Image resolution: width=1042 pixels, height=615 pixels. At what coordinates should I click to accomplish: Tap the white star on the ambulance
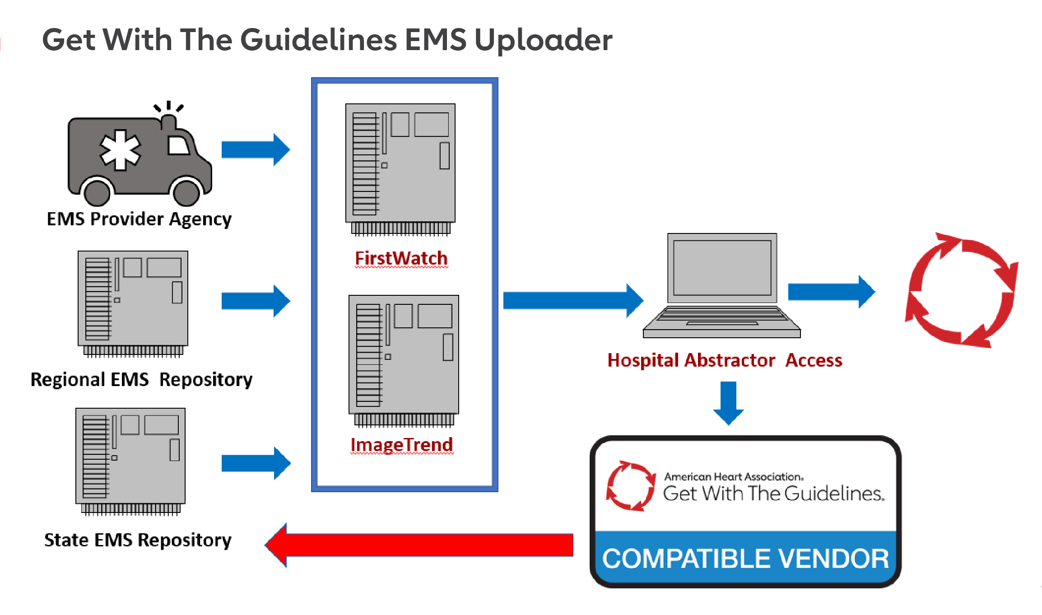pos(120,150)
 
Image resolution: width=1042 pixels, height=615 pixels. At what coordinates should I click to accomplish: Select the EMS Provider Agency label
pos(139,219)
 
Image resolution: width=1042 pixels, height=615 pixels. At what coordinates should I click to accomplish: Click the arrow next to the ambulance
pos(255,149)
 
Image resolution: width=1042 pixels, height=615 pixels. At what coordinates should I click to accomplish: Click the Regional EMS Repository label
pos(141,379)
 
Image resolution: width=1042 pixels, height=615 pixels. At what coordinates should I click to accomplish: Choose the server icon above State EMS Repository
pos(130,461)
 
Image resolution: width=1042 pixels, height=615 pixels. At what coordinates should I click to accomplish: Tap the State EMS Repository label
pos(138,540)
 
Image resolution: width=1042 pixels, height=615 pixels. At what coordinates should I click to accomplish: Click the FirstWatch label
pos(401,258)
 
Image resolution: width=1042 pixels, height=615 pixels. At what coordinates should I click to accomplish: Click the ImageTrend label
pos(401,445)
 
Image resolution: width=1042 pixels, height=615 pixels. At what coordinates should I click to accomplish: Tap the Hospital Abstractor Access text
pos(725,360)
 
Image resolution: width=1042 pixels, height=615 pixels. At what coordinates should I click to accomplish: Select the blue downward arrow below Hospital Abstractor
pos(728,402)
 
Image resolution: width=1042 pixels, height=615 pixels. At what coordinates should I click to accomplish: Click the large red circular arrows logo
pos(962,290)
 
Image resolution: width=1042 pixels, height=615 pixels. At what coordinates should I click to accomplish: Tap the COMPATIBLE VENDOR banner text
pos(745,559)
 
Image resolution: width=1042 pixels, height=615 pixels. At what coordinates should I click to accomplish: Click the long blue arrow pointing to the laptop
pos(572,300)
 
